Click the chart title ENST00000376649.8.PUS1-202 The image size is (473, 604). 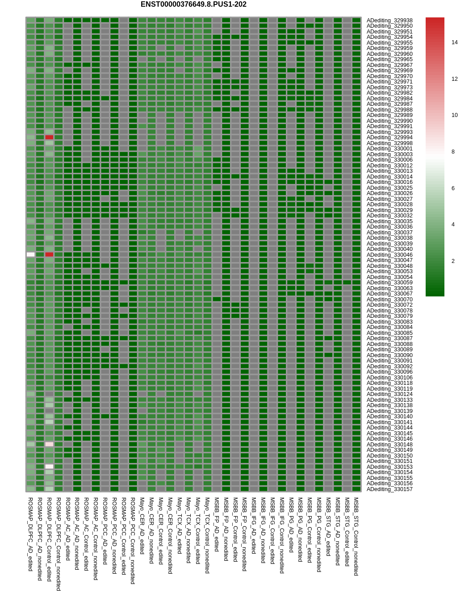click(x=193, y=4)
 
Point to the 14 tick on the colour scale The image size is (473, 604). click(x=454, y=42)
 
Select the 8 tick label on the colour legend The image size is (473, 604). click(x=452, y=152)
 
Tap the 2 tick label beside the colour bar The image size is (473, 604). click(x=452, y=261)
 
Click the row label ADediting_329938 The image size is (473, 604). click(x=389, y=21)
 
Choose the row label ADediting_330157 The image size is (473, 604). click(x=389, y=489)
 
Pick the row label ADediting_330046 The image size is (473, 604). click(x=389, y=255)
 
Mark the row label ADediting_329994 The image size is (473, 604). click(x=389, y=137)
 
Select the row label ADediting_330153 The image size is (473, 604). click(x=389, y=467)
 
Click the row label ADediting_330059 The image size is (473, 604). click(x=389, y=283)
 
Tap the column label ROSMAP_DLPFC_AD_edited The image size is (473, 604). click(x=30, y=534)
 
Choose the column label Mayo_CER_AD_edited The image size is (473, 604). click(x=142, y=526)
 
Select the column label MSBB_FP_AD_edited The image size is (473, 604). click(x=217, y=524)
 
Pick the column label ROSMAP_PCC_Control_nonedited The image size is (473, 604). click(x=133, y=541)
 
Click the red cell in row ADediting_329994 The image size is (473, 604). click(x=49, y=137)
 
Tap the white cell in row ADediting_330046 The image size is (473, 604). click(x=30, y=254)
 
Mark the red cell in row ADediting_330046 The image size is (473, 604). click(x=49, y=254)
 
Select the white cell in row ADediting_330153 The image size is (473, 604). click(x=49, y=467)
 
